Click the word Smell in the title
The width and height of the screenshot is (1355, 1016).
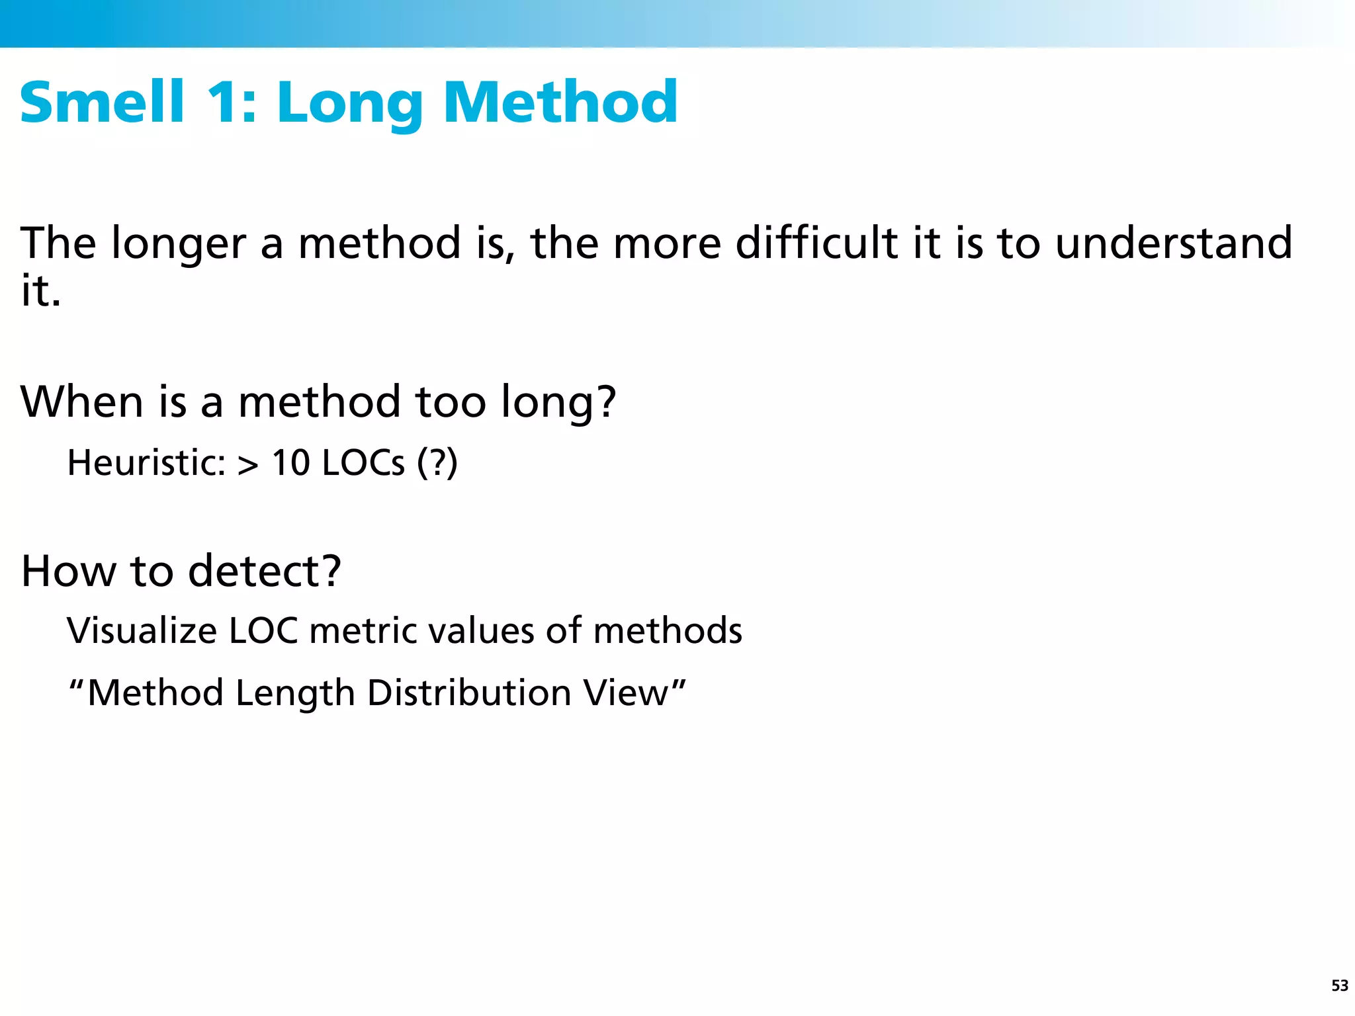103,102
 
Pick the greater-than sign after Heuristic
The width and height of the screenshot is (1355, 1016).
248,464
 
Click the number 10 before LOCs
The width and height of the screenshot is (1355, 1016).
291,462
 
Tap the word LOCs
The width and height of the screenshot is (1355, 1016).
363,462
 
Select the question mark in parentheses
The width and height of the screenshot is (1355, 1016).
437,462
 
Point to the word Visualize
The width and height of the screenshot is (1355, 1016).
142,630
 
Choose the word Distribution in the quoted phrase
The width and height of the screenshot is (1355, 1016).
469,693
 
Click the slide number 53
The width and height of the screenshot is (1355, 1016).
1339,986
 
